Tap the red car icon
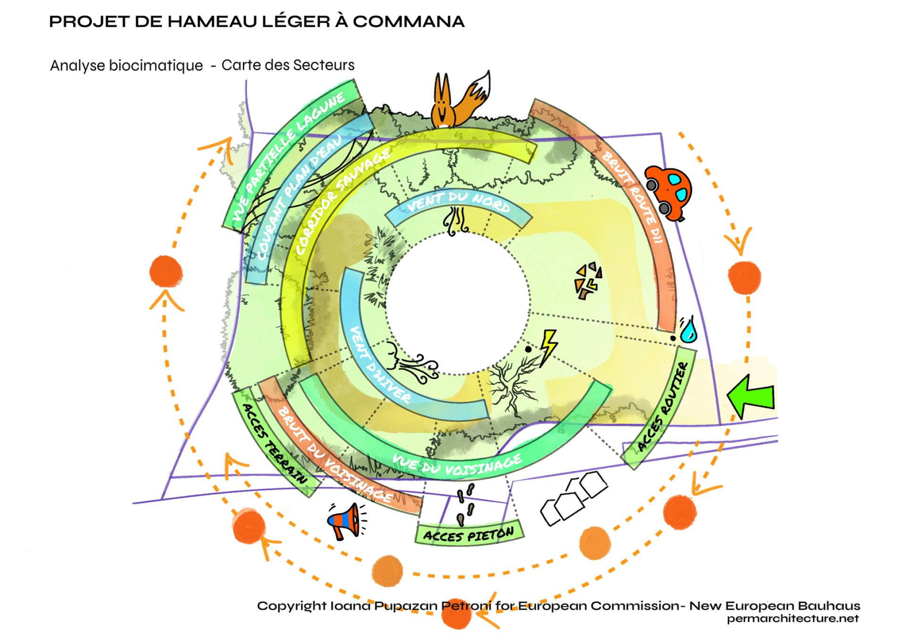(x=668, y=191)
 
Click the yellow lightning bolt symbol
(x=548, y=347)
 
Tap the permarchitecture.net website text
(x=793, y=619)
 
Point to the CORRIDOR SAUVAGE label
(x=344, y=201)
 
